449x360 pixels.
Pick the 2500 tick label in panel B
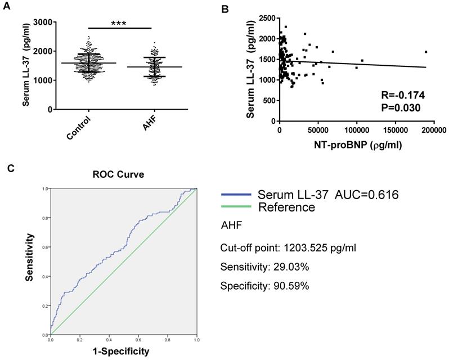click(267, 19)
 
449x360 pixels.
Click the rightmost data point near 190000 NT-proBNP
click(426, 52)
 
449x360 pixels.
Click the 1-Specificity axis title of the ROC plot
click(122, 352)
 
